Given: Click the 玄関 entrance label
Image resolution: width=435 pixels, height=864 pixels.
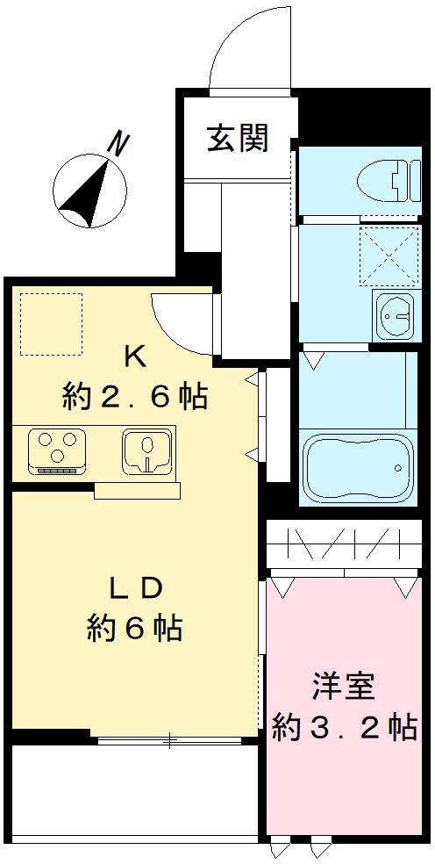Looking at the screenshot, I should point(237,138).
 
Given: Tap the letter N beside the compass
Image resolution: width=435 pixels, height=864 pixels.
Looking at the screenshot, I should point(115,143).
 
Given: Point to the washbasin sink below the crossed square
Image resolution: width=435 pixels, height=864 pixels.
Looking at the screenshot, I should point(393,313).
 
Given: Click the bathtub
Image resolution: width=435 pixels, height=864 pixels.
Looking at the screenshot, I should point(357,466).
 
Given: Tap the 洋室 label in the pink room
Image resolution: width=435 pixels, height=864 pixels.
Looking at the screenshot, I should point(344,686).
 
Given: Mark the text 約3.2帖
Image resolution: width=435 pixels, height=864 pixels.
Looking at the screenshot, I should point(344,727).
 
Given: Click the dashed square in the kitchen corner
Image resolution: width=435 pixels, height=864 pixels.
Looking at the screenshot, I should point(51,324).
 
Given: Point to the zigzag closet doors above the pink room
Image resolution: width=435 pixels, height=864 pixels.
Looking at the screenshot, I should point(344,546).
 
